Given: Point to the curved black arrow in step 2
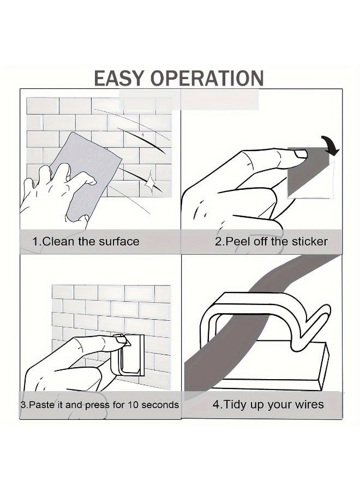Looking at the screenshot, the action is tap(331, 146).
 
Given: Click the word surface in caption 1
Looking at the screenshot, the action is tap(119, 242).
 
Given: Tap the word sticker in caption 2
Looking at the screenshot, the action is tap(310, 242).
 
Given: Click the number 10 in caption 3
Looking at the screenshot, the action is tap(132, 405).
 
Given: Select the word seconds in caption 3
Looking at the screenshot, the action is tap(160, 405).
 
